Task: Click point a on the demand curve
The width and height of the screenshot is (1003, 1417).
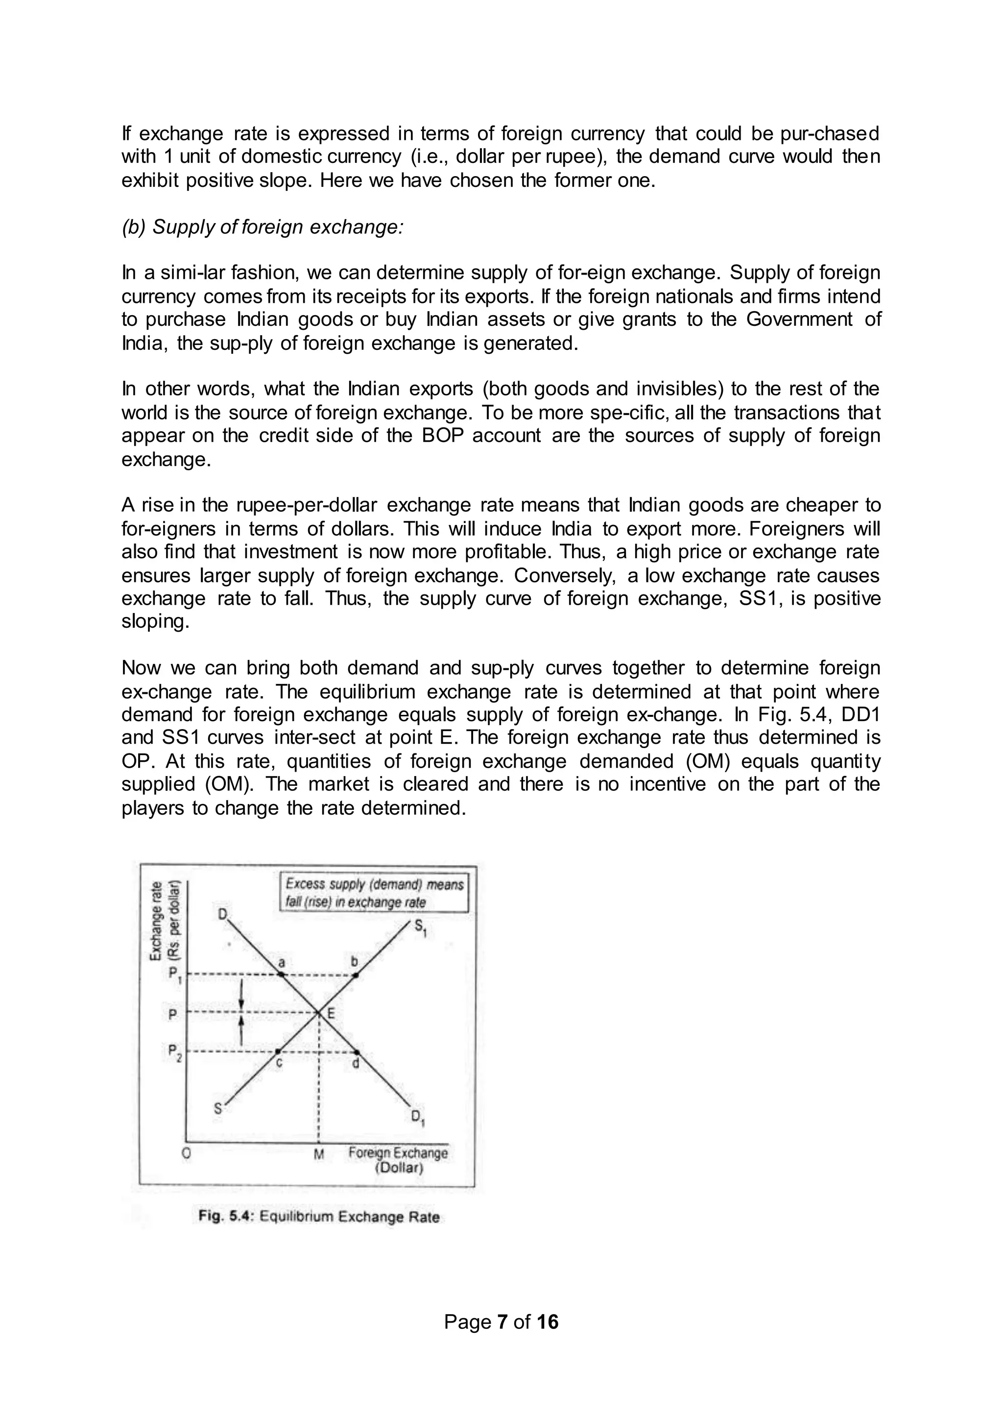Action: click(x=281, y=975)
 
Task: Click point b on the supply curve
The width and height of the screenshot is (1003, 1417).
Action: click(x=355, y=975)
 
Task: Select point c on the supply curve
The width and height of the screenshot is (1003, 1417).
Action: click(x=278, y=1051)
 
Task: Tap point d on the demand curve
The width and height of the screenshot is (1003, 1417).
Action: click(x=357, y=1051)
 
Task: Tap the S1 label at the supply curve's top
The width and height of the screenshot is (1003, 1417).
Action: click(x=420, y=928)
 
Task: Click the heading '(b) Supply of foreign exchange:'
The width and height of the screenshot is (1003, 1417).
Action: click(x=263, y=227)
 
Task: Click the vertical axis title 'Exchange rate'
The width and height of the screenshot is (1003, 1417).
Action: click(x=156, y=919)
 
